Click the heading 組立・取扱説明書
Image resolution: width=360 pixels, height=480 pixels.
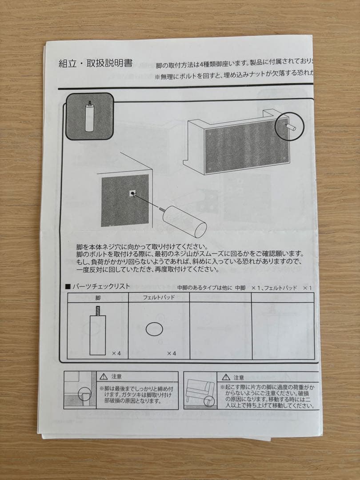tap(96, 64)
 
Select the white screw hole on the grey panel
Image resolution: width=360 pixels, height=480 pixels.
tap(132, 193)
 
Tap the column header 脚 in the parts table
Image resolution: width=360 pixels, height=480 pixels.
tap(97, 298)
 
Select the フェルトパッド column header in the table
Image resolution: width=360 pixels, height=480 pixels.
tap(159, 298)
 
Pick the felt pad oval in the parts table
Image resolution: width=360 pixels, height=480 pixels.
tap(154, 329)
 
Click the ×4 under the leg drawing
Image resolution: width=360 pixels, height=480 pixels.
tap(116, 353)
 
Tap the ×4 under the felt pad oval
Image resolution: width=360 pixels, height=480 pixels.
tap(172, 353)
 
